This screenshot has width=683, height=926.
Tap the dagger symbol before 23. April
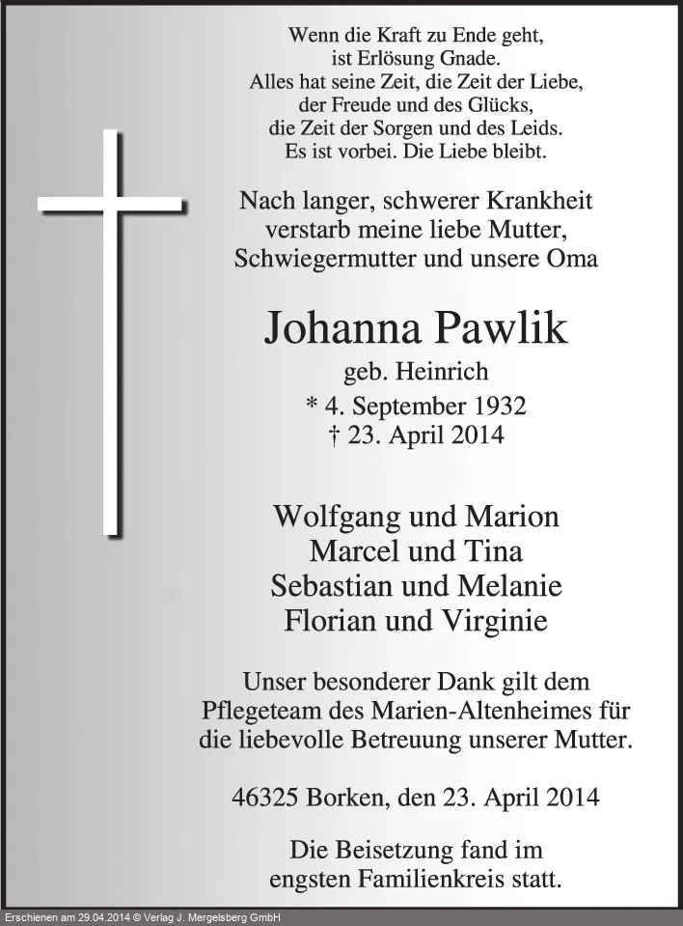coord(333,435)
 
